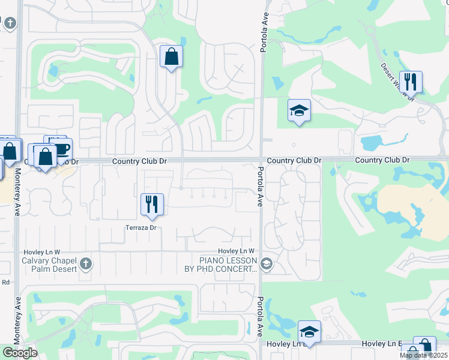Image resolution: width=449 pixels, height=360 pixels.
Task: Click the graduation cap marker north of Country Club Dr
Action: click(x=299, y=111)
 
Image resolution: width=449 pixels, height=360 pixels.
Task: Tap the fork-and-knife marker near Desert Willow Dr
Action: click(x=411, y=82)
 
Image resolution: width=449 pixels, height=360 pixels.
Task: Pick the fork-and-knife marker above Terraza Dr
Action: click(x=152, y=204)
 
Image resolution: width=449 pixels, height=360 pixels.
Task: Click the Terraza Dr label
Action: click(x=141, y=228)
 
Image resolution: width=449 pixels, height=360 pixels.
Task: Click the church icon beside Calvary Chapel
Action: click(x=86, y=263)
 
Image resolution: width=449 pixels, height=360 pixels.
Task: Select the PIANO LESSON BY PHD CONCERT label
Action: click(x=228, y=264)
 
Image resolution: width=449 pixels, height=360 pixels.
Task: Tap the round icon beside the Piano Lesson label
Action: click(x=267, y=263)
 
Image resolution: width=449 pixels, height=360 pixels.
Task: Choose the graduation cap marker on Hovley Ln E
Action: click(x=309, y=331)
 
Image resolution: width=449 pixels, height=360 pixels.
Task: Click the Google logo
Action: click(x=19, y=353)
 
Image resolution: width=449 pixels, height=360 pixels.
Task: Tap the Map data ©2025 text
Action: click(x=423, y=355)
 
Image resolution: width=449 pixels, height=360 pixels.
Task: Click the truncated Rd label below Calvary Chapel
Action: click(x=5, y=282)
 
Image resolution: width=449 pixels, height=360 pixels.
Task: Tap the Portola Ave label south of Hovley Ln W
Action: click(x=260, y=312)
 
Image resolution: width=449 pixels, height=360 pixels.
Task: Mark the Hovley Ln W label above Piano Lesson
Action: click(x=236, y=251)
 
